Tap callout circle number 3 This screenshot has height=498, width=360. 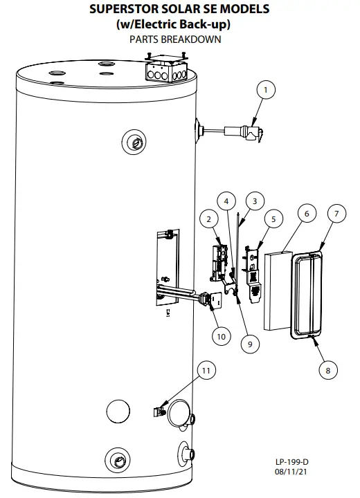(x=254, y=201)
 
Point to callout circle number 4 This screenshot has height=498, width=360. (x=227, y=201)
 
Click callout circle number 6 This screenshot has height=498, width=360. (x=305, y=214)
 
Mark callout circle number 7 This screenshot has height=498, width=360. (x=337, y=214)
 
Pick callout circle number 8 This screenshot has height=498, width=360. (x=328, y=370)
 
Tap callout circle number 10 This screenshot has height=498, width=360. (x=220, y=337)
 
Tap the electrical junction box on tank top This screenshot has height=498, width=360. (x=167, y=70)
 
